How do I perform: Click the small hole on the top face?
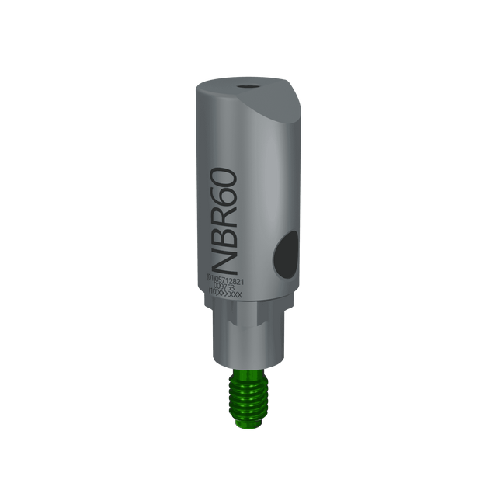tap(247, 88)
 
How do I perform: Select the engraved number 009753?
tap(227, 287)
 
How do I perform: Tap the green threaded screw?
tap(247, 396)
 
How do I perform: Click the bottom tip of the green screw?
tap(247, 424)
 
